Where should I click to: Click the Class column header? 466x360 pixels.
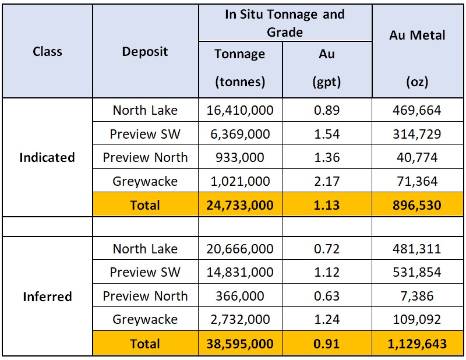pos(47,51)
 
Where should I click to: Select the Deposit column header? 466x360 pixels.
pos(145,51)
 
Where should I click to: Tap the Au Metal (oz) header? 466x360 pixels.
pos(418,35)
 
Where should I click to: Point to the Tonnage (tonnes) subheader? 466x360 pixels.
pos(239,68)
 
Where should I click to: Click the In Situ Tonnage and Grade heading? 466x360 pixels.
pos(285,22)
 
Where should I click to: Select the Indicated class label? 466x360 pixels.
pos(47,157)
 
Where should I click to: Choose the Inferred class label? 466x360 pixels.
pos(47,297)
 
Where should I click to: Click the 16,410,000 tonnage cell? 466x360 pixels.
pos(239,110)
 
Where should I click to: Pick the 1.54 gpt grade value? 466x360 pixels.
pos(326,134)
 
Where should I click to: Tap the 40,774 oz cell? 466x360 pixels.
pos(418,157)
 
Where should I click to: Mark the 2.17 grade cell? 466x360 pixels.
pos(326,181)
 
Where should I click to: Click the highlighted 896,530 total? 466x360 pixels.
pos(418,204)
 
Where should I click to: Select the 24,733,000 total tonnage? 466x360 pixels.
pos(239,204)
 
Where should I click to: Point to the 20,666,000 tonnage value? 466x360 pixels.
pos(239,249)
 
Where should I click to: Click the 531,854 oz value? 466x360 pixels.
pos(418,272)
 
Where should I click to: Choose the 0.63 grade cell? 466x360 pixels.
pos(326,296)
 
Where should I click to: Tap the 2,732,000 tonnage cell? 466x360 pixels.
pos(239,319)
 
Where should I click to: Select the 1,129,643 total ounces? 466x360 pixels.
pos(418,344)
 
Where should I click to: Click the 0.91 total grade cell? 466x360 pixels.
pos(326,344)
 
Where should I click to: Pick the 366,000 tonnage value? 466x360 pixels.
pos(239,296)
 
